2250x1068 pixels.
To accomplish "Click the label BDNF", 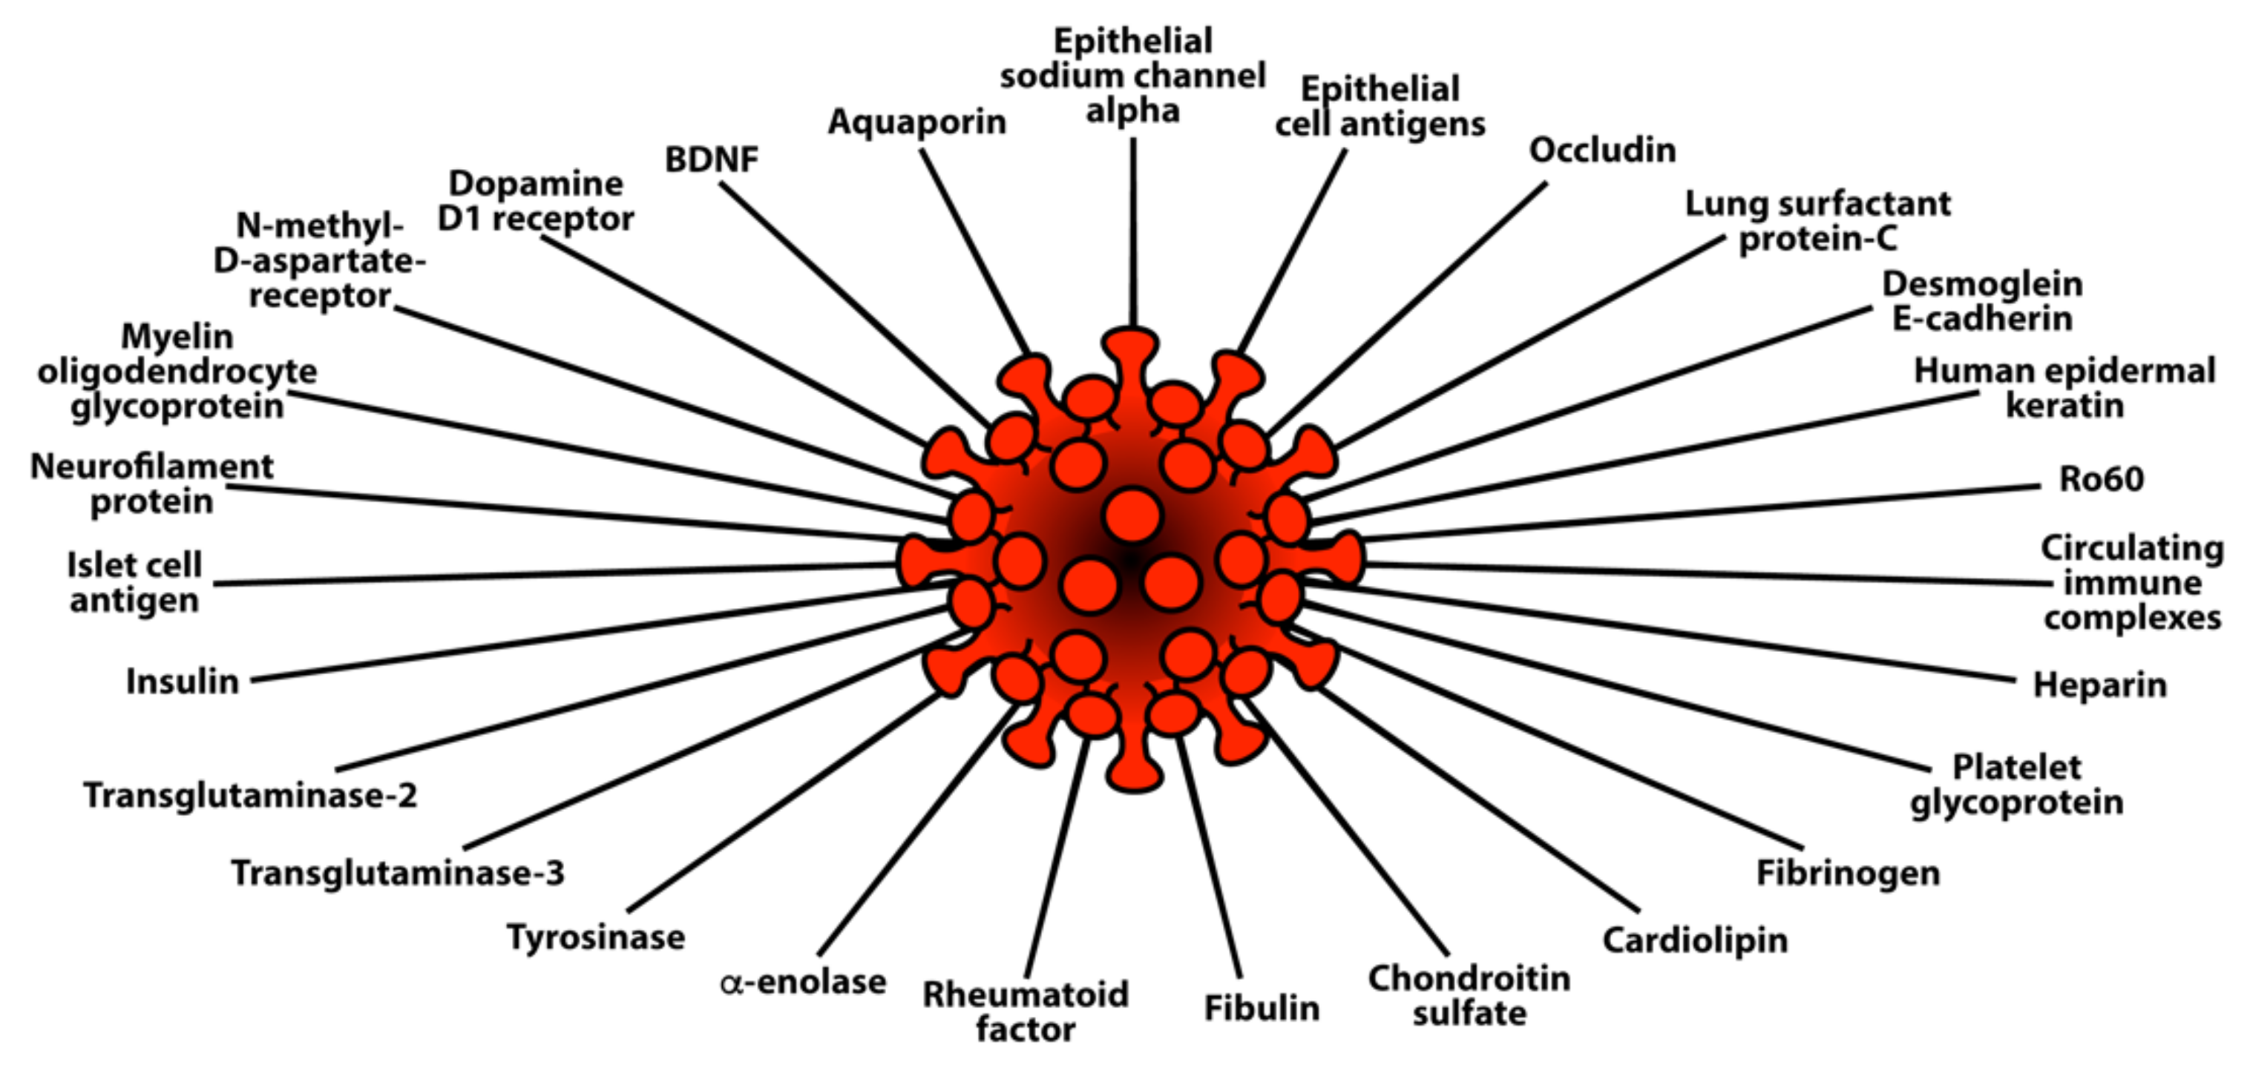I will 711,159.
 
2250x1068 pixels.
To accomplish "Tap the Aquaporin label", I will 917,122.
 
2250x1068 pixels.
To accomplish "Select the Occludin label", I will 1602,151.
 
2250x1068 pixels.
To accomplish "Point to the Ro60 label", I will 2101,479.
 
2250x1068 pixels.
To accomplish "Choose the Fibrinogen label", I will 1847,873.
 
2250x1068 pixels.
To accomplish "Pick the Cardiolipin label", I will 1694,940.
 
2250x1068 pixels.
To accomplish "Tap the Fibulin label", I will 1262,1009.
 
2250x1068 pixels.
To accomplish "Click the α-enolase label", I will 803,983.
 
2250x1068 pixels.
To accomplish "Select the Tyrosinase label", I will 596,938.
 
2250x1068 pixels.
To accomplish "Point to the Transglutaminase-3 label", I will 398,873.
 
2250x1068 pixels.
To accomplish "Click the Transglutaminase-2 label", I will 251,797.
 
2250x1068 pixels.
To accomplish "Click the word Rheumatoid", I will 1026,995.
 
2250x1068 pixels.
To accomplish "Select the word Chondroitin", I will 1469,979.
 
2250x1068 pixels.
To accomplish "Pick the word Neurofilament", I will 151,467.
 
